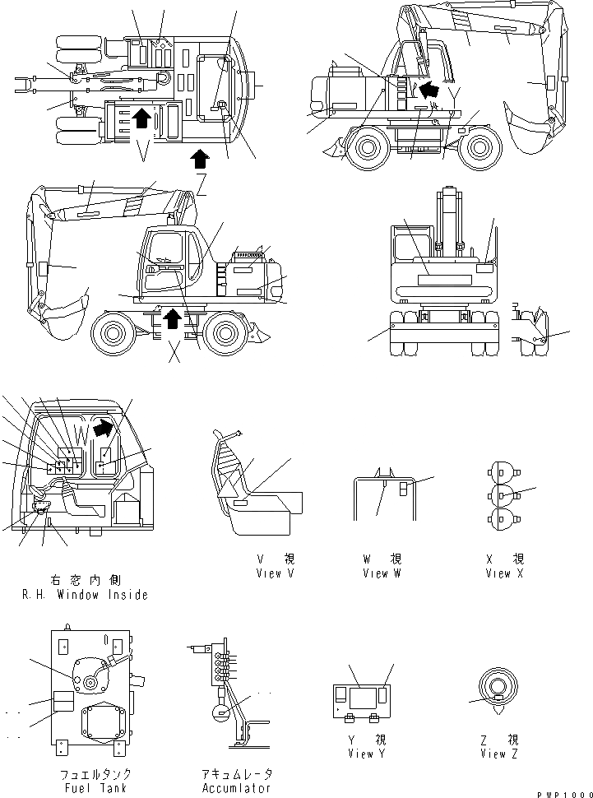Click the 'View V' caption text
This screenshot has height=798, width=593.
[275, 573]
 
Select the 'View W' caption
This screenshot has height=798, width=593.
[382, 573]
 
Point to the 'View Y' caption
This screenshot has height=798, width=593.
[360, 754]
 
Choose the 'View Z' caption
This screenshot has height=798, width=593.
[498, 754]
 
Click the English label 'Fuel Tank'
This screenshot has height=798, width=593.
[95, 788]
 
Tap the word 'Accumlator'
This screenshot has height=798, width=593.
[235, 788]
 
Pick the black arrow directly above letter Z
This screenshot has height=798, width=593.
[198, 157]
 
